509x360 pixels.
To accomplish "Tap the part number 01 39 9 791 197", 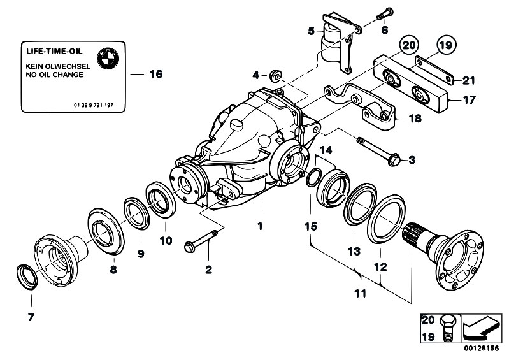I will click(x=93, y=104).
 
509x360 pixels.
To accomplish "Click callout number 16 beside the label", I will click(x=156, y=75).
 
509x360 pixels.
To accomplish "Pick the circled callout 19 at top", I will click(x=445, y=45).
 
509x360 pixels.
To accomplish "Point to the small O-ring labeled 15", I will click(x=313, y=179).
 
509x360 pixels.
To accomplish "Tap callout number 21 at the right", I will click(x=469, y=80).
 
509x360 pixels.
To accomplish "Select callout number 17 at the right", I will click(x=469, y=99).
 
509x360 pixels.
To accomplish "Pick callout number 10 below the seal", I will click(x=166, y=240).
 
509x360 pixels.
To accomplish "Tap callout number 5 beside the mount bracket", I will click(x=311, y=30).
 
